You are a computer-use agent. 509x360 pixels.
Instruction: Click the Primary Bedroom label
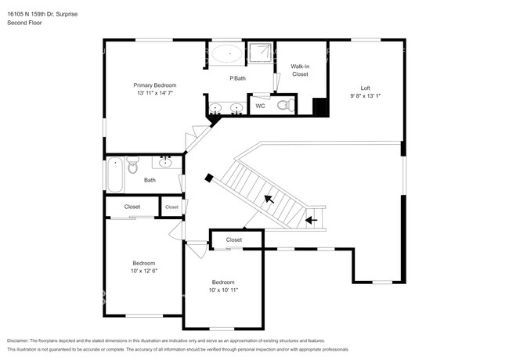click(154, 85)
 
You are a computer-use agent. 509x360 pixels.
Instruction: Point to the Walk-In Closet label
click(300, 70)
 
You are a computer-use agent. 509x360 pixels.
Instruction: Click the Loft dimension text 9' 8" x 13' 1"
click(364, 95)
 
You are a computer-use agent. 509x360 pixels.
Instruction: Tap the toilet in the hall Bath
click(132, 165)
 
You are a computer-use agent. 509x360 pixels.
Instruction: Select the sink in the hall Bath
click(165, 162)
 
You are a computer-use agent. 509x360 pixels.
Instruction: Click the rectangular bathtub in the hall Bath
click(114, 174)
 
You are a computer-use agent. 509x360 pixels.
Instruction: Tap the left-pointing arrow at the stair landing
click(311, 220)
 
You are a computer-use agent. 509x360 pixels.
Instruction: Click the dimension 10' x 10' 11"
click(223, 290)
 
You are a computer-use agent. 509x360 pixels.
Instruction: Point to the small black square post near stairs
click(208, 178)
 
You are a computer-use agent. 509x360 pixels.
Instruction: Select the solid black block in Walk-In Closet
click(319, 107)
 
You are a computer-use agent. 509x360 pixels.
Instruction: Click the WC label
click(260, 106)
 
